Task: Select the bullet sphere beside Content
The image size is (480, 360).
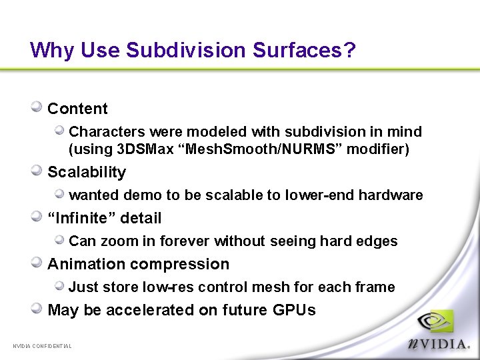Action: pos(37,107)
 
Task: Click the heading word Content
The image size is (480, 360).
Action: pos(77,109)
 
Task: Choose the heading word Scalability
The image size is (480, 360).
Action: pos(87,172)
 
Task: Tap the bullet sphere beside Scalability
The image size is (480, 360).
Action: pos(37,170)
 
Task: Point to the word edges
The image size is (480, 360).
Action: pos(379,241)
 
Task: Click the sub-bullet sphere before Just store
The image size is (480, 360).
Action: pos(59,285)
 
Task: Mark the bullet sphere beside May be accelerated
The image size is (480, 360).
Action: pos(37,308)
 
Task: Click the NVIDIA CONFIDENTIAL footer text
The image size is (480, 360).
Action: pos(42,346)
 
